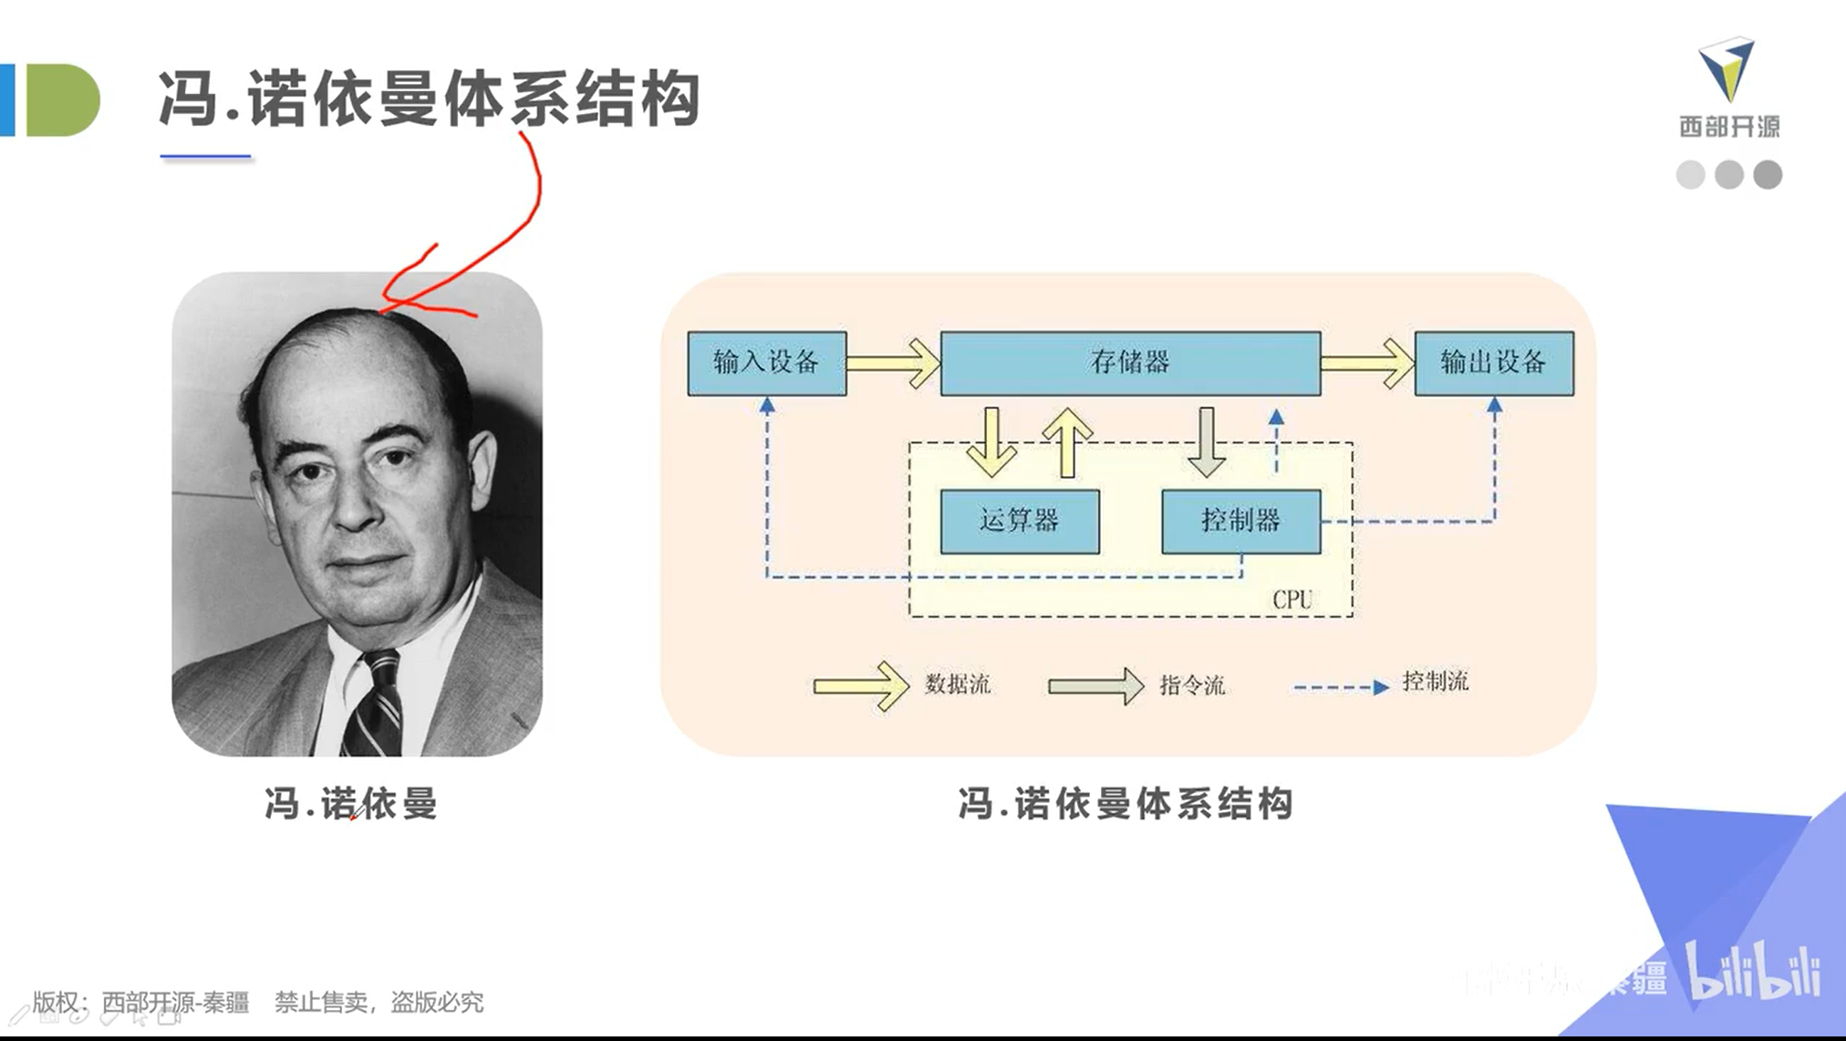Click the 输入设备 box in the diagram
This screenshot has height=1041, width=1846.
pos(766,363)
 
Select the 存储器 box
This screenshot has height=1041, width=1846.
pos(1130,363)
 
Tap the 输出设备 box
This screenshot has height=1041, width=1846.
pos(1493,363)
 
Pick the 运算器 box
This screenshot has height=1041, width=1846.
pos(1019,521)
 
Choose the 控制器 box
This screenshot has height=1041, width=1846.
pos(1240,521)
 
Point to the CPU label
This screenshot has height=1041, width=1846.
pos(1291,599)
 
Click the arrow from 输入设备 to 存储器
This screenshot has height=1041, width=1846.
pos(893,363)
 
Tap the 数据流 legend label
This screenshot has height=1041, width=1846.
pos(957,684)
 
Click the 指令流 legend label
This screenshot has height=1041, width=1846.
pos(1192,685)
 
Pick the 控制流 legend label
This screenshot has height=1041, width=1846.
pos(1435,682)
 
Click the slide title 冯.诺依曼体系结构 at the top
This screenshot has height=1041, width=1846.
pos(429,99)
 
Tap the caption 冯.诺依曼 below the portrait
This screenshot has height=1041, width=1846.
pos(351,804)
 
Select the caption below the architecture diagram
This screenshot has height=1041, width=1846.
pos(1125,804)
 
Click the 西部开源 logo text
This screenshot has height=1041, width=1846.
pos(1729,127)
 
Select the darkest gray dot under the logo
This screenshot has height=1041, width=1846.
pos(1768,174)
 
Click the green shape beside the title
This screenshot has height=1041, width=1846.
pos(62,100)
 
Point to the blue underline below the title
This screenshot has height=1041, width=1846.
pos(205,157)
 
